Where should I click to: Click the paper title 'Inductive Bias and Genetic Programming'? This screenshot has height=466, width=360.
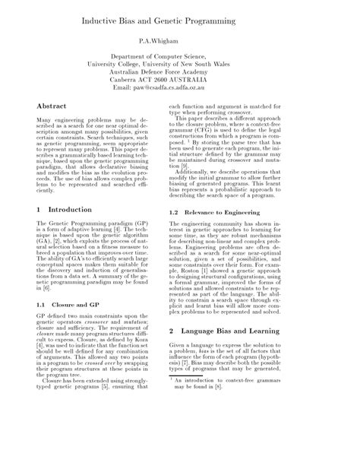[x=180, y=14]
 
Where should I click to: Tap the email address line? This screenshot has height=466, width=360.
[x=180, y=89]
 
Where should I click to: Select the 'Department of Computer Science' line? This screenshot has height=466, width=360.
[x=180, y=57]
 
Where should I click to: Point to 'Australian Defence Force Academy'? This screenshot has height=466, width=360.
[x=180, y=73]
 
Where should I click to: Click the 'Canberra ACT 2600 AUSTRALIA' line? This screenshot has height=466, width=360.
[x=180, y=81]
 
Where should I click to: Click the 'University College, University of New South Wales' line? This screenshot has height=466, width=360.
[x=180, y=65]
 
